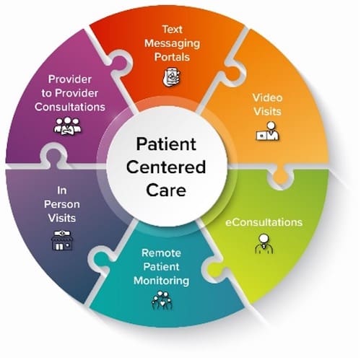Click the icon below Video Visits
pyautogui.click(x=266, y=132)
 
